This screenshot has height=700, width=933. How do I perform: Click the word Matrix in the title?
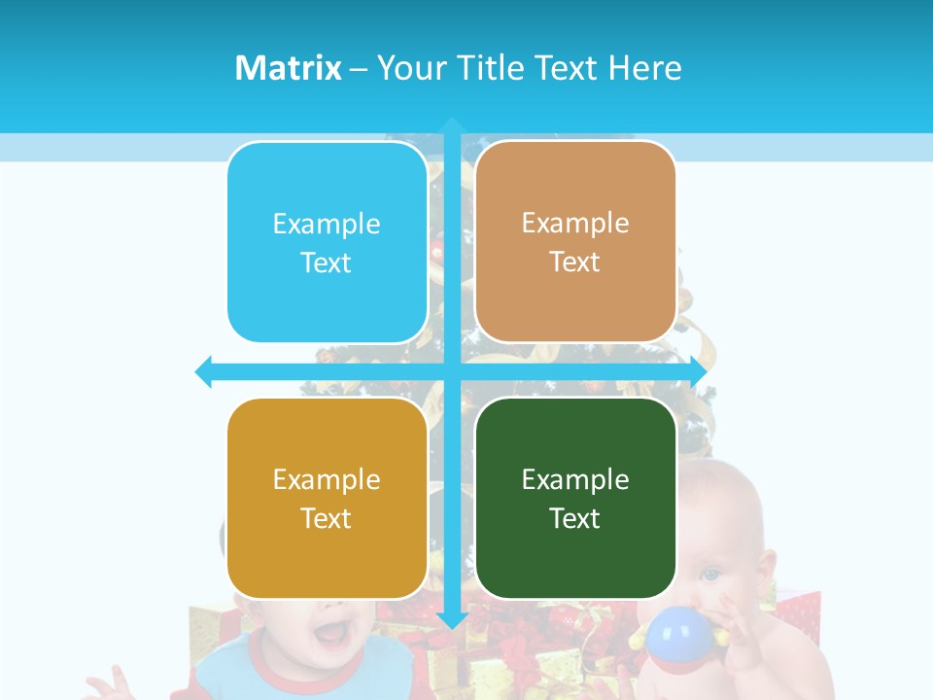point(288,68)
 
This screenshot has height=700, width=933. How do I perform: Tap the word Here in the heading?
point(644,68)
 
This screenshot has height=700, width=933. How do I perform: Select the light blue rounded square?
point(327,243)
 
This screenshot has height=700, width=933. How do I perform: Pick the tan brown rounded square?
point(575,243)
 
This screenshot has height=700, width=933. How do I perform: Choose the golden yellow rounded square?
point(327,498)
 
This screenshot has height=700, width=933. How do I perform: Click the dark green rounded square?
point(575,498)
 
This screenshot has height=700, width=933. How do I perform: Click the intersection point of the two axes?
point(452,371)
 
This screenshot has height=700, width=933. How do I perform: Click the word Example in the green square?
point(575,479)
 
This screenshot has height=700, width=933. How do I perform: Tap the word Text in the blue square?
point(327,262)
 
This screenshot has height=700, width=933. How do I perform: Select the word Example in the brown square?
point(575,224)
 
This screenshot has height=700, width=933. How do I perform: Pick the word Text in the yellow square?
point(327,518)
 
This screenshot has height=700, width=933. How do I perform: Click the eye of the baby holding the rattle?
point(710,575)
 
